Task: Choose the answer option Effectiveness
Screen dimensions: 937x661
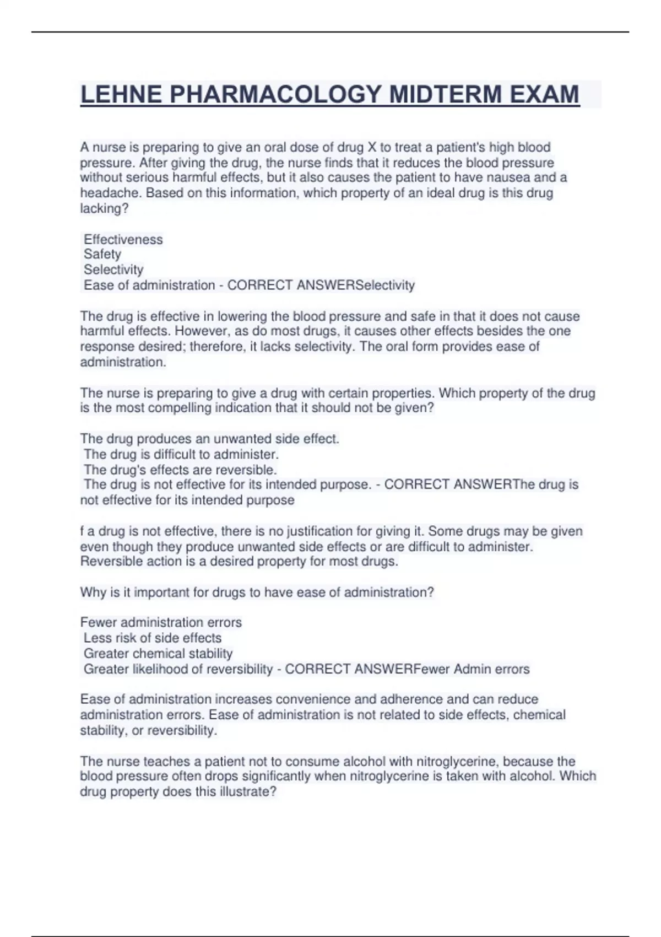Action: [x=123, y=239]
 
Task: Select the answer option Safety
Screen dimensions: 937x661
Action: [x=102, y=254]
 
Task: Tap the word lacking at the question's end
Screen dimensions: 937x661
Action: [x=100, y=208]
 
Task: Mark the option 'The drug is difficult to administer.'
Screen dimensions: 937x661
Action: [x=181, y=454]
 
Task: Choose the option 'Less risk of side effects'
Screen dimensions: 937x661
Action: [x=153, y=638]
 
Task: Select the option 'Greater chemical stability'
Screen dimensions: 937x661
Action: [x=158, y=653]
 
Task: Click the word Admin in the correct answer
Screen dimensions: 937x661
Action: [x=470, y=669]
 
